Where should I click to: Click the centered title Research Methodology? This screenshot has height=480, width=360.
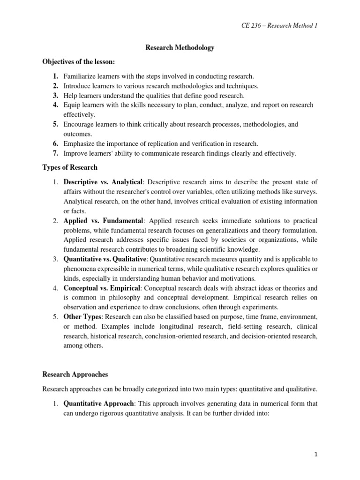[180, 48]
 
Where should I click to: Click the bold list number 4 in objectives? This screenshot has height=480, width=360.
[55, 105]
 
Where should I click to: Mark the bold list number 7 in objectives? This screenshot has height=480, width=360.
[55, 153]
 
